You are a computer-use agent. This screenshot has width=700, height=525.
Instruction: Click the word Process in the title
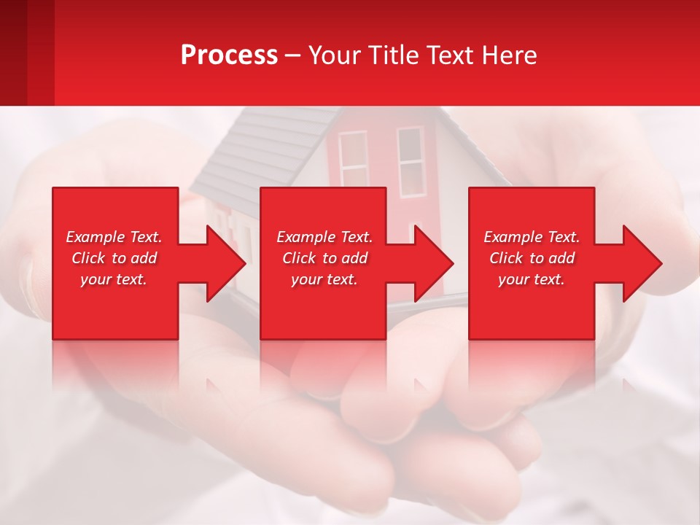(x=229, y=55)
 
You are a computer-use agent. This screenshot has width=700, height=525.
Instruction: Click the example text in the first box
(x=114, y=258)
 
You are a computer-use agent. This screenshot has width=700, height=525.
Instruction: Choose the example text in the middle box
(x=324, y=258)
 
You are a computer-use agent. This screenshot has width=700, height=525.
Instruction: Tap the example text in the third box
(x=532, y=258)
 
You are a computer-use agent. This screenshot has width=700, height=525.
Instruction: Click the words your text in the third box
(x=532, y=279)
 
